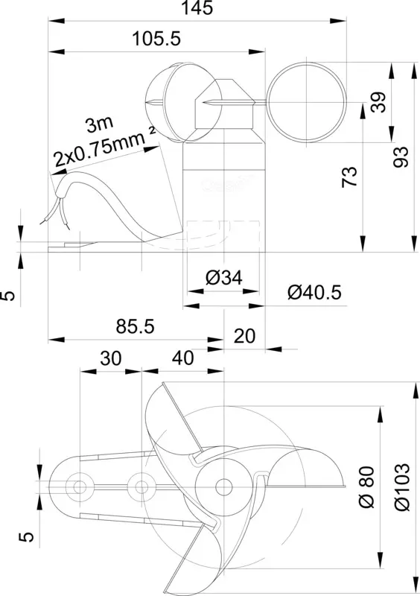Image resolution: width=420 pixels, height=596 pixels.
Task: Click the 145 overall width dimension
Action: [x=197, y=8]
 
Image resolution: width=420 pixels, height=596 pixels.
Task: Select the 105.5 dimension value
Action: [x=156, y=39]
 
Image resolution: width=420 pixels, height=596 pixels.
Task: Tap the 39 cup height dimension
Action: [x=378, y=102]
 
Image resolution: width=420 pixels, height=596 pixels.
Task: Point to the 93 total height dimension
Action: [x=401, y=156]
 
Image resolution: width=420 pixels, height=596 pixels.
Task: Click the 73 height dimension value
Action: [x=350, y=177]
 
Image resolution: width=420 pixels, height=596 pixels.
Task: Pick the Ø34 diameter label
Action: [x=223, y=278]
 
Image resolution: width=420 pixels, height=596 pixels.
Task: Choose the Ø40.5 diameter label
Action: [x=314, y=293]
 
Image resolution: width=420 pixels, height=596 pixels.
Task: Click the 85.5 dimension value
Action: [x=136, y=326]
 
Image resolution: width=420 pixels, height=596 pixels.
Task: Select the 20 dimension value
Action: [x=244, y=337]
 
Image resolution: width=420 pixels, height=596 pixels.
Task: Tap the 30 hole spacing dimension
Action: [x=111, y=358]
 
